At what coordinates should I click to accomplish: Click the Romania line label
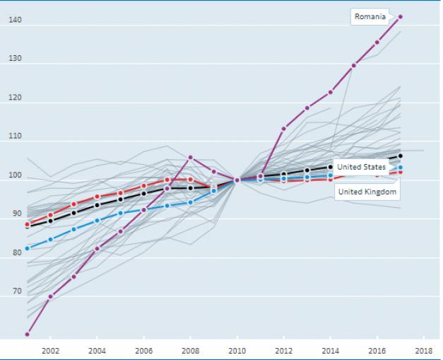(370, 16)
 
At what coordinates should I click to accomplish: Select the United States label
(361, 167)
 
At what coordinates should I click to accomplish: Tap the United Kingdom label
(367, 192)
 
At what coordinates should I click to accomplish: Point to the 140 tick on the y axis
(16, 21)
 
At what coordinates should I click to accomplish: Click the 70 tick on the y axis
(16, 291)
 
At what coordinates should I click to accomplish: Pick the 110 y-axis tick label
(16, 137)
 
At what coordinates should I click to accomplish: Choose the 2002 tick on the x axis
(50, 350)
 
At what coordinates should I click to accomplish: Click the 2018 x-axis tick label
(424, 350)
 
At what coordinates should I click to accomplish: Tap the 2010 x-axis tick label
(237, 350)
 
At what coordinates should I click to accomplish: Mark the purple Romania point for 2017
(401, 16)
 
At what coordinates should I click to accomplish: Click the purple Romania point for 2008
(190, 157)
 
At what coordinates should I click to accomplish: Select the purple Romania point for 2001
(27, 334)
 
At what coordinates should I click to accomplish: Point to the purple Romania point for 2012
(283, 129)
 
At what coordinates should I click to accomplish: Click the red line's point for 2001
(27, 224)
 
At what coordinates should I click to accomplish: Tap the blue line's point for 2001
(27, 248)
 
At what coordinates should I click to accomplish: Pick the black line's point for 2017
(401, 156)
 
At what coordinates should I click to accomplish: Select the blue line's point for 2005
(120, 213)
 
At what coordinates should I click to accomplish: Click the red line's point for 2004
(97, 197)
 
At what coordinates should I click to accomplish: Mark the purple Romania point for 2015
(353, 66)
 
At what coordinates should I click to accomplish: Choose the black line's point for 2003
(73, 213)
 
